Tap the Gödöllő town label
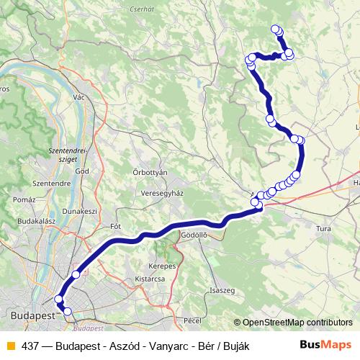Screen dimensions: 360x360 click(194, 235)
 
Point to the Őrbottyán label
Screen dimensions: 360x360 click(150, 173)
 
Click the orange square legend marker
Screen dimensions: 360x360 click(10, 346)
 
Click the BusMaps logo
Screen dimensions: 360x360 click(325, 346)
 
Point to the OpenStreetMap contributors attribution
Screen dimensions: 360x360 click(297, 323)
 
